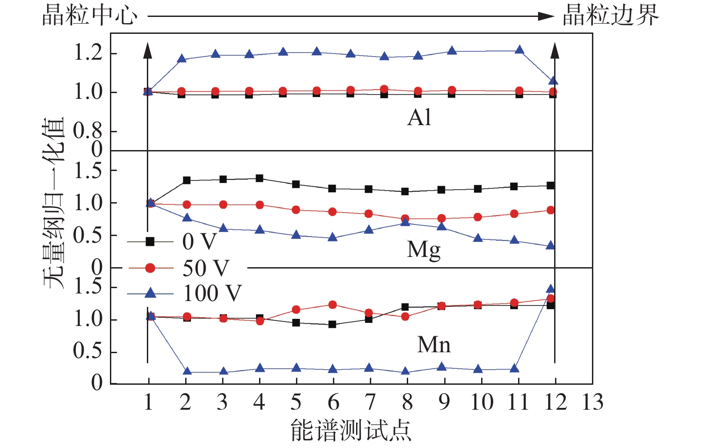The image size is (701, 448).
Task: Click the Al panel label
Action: (419, 118)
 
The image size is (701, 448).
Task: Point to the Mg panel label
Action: (423, 250)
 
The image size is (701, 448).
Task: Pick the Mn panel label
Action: (434, 345)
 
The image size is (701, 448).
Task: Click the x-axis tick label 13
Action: (592, 402)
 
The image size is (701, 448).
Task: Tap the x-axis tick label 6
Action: (333, 402)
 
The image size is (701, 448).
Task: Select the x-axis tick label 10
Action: (482, 402)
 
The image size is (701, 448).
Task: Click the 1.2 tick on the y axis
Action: (88, 53)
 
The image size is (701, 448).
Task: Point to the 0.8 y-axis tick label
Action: (88, 131)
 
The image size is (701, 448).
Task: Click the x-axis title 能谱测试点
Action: (350, 430)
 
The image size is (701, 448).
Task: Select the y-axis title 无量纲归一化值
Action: (54, 203)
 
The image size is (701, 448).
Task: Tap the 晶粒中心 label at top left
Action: (89, 16)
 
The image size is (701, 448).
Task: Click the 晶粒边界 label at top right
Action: (610, 16)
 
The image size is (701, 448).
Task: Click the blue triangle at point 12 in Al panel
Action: (553, 81)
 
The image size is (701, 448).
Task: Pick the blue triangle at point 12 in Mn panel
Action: (551, 289)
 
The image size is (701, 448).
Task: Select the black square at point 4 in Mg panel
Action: (259, 179)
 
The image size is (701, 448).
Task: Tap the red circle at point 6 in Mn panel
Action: (332, 305)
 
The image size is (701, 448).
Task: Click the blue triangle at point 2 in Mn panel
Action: (187, 371)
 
